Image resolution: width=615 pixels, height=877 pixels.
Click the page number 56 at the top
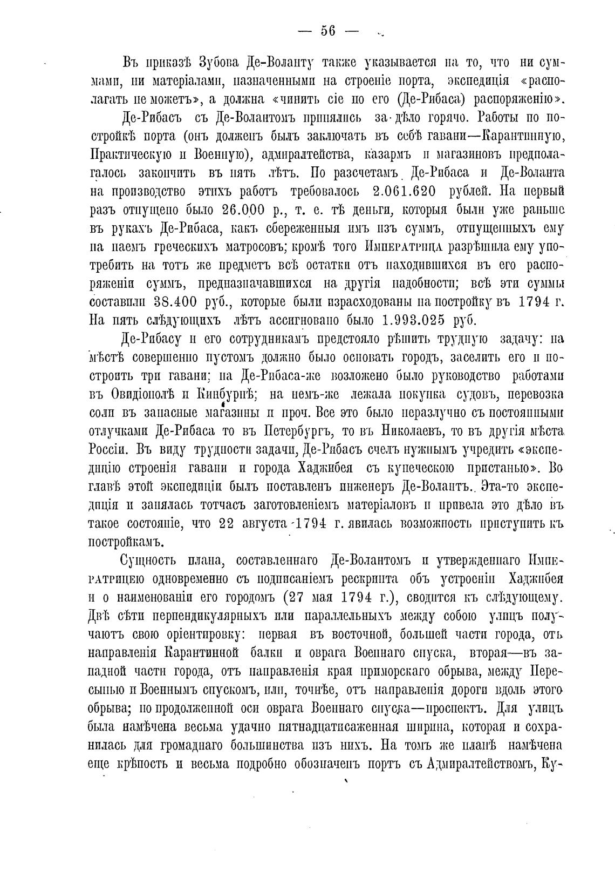[x=328, y=31]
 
